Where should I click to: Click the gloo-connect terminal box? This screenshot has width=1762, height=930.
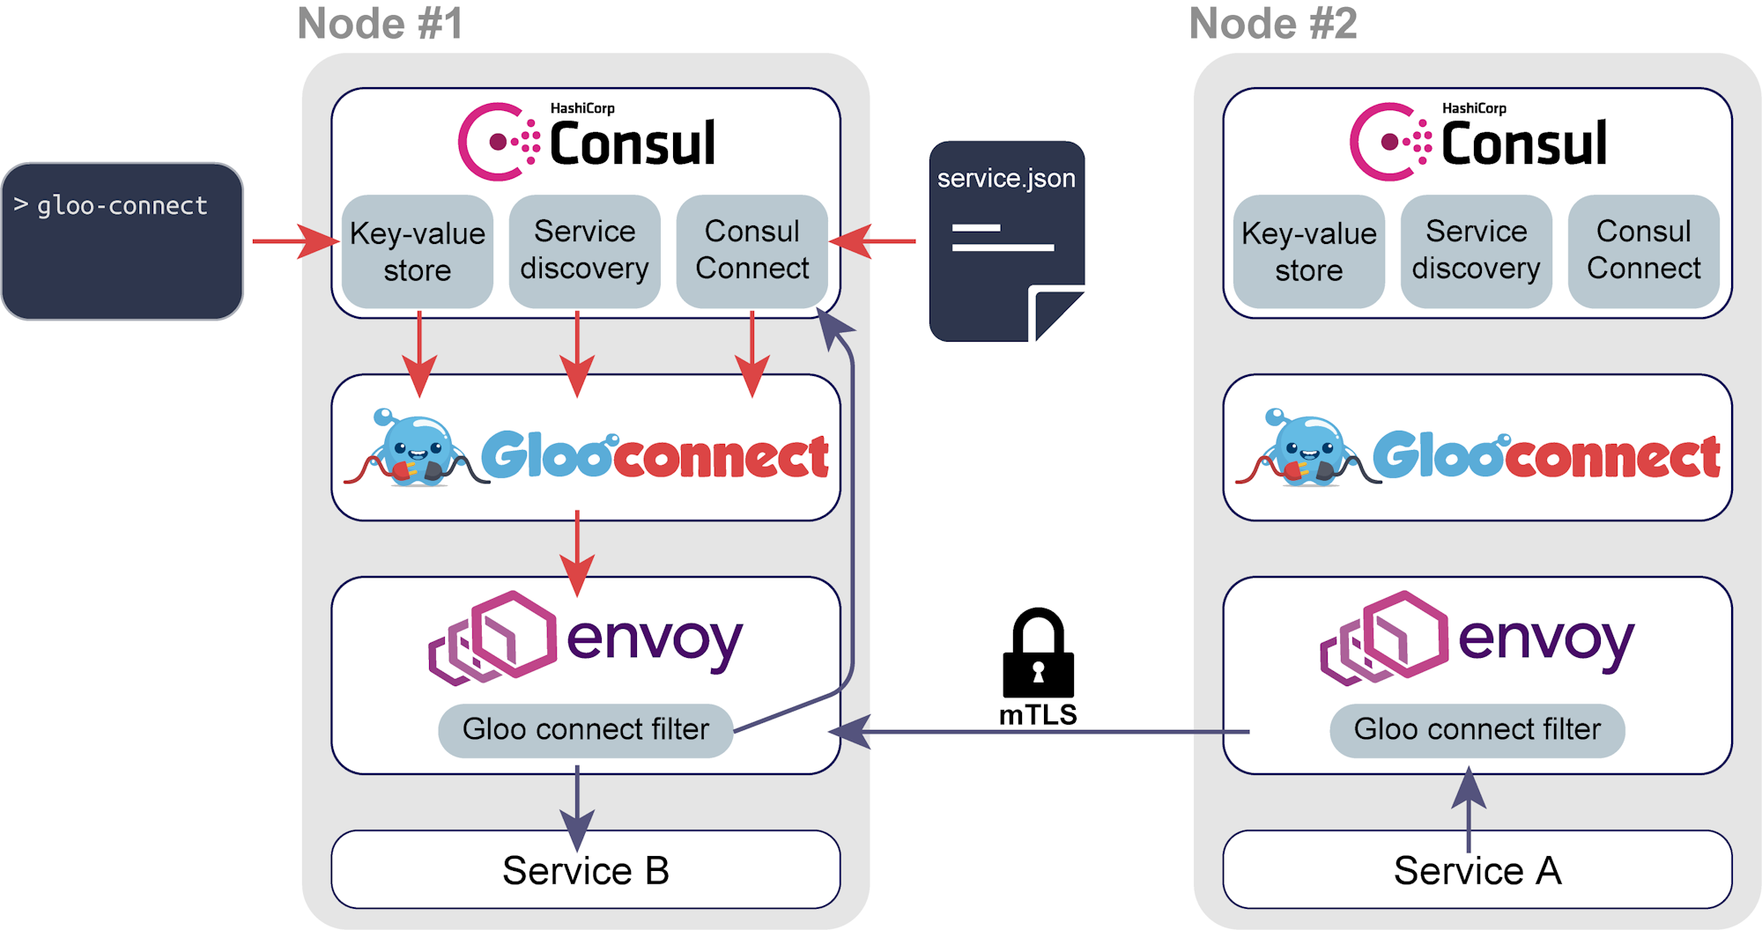(x=122, y=240)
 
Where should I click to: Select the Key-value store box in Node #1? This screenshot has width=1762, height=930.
(x=417, y=251)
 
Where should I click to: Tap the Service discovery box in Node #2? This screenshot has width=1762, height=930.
(x=1476, y=250)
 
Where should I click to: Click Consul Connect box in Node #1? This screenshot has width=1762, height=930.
(x=751, y=250)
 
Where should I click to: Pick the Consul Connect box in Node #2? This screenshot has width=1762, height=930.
(x=1643, y=250)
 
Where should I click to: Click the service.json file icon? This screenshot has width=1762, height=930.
(x=1005, y=242)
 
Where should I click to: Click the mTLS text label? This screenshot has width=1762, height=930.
(x=1038, y=714)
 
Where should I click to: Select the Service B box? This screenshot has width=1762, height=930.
(x=585, y=870)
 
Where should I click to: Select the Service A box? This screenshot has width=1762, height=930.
(x=1477, y=870)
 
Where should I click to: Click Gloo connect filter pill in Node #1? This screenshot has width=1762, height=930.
(x=585, y=729)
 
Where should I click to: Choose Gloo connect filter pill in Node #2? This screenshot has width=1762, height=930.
(x=1477, y=729)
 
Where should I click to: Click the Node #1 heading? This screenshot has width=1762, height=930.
(x=380, y=24)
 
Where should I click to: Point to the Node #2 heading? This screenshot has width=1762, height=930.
(x=1272, y=24)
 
